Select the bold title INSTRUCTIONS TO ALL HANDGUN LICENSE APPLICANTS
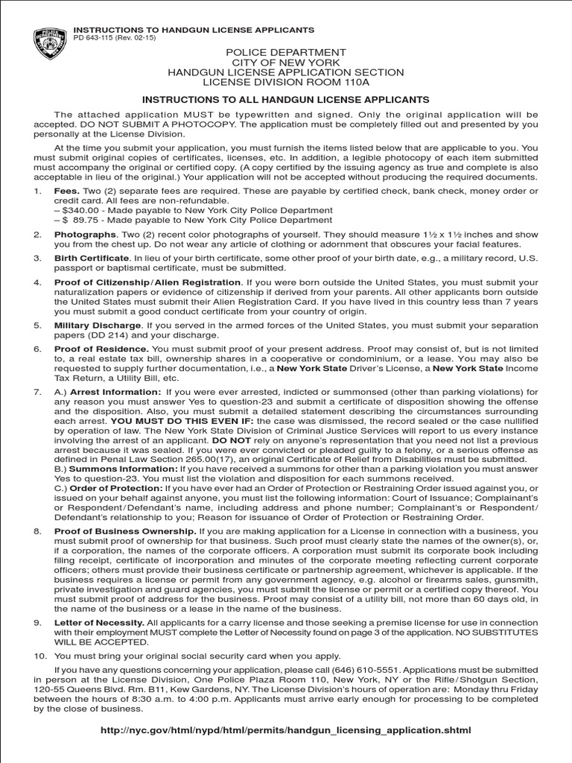[286, 99]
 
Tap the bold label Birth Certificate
[92, 258]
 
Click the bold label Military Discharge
[98, 326]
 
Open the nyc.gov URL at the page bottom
[286, 730]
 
